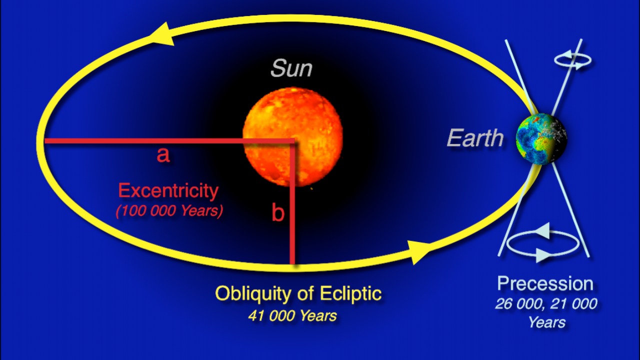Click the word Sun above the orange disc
[x=291, y=68]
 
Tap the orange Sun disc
[x=293, y=137]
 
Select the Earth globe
[x=541, y=139]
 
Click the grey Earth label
[x=475, y=138]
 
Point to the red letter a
[x=163, y=155]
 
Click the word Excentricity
[x=168, y=190]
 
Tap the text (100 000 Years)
[x=169, y=211]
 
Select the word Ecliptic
[x=350, y=293]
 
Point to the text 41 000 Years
[x=292, y=315]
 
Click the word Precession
[x=545, y=283]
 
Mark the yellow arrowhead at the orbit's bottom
[x=419, y=251]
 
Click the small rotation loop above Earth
[x=573, y=60]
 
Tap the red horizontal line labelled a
[x=169, y=141]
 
